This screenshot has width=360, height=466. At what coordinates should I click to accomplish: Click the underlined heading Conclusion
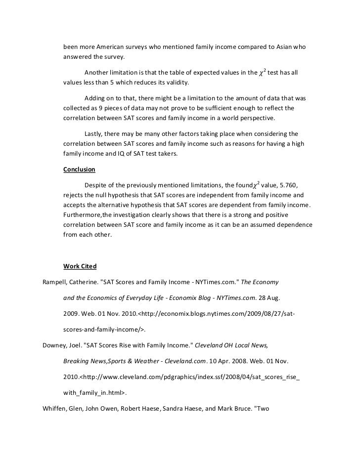coord(79,169)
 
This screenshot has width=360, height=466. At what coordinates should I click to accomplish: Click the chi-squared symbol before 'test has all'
coord(262,73)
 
